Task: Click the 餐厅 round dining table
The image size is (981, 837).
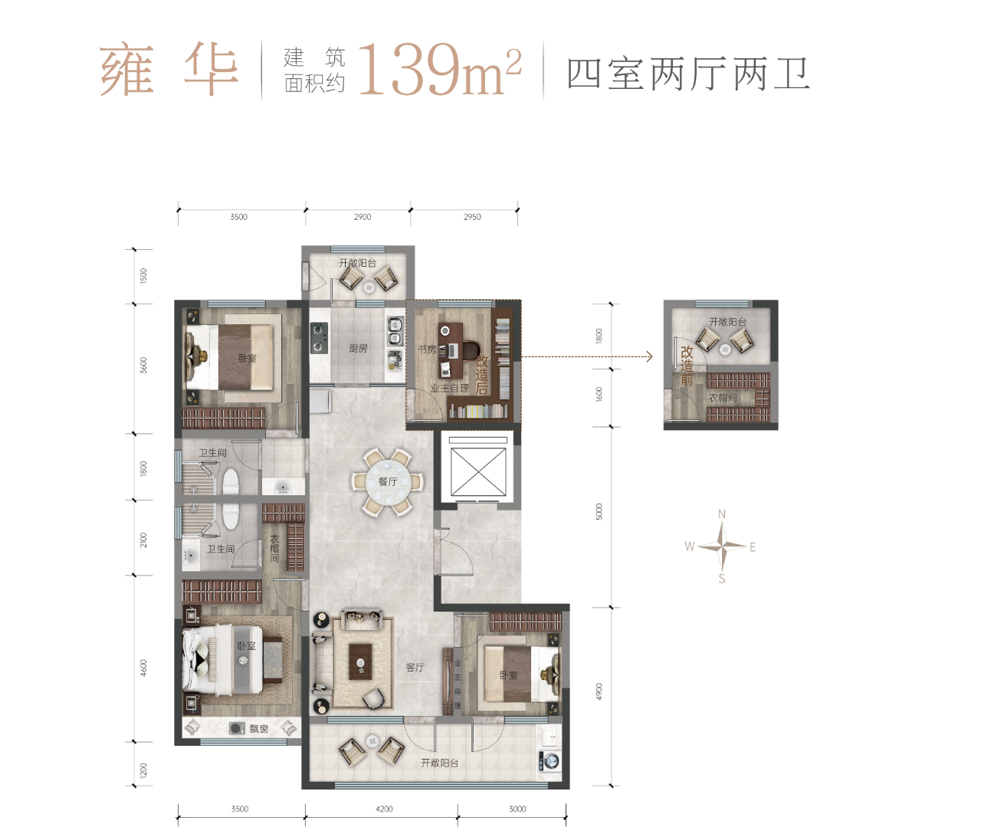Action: [x=387, y=482]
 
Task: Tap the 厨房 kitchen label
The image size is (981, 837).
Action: [x=358, y=349]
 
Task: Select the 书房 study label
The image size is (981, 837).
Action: [x=427, y=350]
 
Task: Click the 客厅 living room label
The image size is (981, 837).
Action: [x=415, y=667]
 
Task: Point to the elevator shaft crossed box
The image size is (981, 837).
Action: [x=478, y=472]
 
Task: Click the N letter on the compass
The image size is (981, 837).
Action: [x=721, y=514]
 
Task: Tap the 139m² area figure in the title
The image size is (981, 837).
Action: [x=440, y=71]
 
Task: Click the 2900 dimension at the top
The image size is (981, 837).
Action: [x=362, y=217]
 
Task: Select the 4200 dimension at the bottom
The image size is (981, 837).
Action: [x=383, y=809]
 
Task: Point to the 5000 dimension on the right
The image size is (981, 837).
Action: [x=599, y=511]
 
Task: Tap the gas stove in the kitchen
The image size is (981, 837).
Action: [x=319, y=338]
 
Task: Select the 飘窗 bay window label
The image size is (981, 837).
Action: [x=259, y=729]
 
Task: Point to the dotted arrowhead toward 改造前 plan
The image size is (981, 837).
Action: [x=650, y=356]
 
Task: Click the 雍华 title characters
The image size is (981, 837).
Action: [x=169, y=71]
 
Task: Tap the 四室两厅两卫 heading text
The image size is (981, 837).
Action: [x=688, y=74]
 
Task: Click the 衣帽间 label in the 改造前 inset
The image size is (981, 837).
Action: [x=723, y=398]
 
